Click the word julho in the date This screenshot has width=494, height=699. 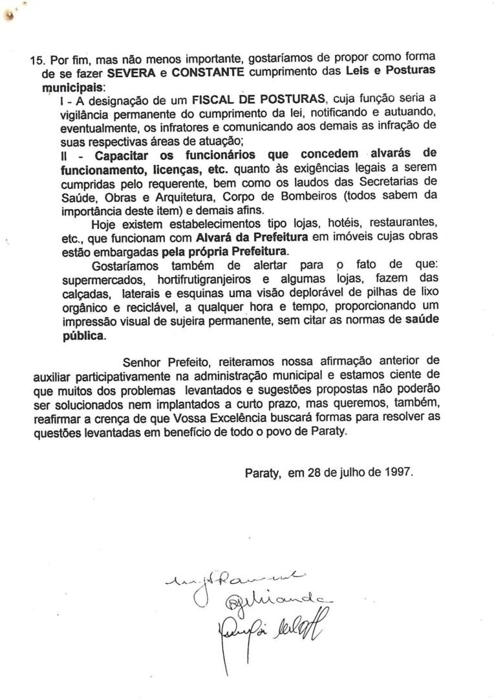[x=343, y=473]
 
